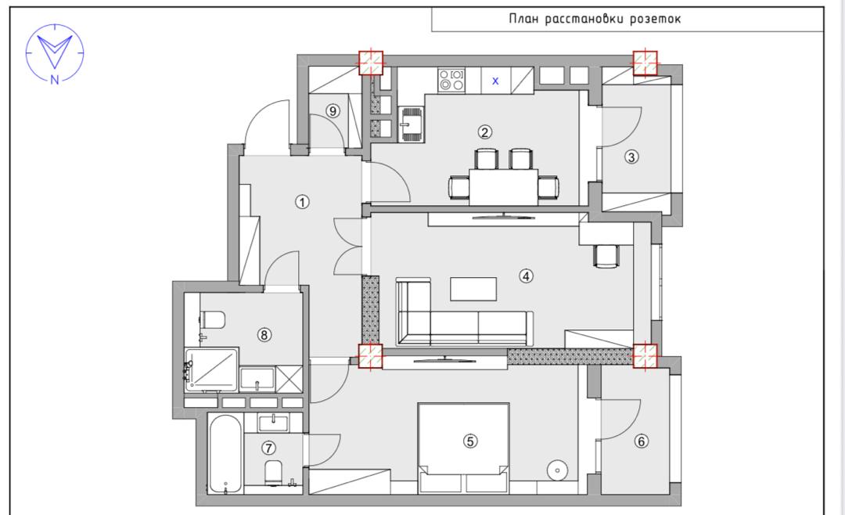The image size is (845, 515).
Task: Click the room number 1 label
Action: pyautogui.click(x=302, y=202)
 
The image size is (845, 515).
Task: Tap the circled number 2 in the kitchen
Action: pyautogui.click(x=484, y=132)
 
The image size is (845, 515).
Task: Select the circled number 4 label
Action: pyautogui.click(x=526, y=276)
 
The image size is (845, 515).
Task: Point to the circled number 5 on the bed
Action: pyautogui.click(x=470, y=441)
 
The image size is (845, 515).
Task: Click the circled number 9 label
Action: pyautogui.click(x=333, y=111)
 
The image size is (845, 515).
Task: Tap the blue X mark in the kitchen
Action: pyautogui.click(x=495, y=81)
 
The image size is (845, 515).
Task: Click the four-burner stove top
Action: pyautogui.click(x=451, y=80)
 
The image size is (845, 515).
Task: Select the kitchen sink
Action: pyautogui.click(x=411, y=124)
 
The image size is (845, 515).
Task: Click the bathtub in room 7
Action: pyautogui.click(x=225, y=454)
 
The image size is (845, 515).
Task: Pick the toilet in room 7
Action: pyautogui.click(x=274, y=473)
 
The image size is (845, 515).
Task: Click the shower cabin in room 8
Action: pyautogui.click(x=212, y=369)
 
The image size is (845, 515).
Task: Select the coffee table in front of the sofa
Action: pyautogui.click(x=473, y=289)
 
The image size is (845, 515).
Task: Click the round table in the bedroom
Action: pyautogui.click(x=557, y=470)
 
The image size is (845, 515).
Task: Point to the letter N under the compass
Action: pyautogui.click(x=55, y=80)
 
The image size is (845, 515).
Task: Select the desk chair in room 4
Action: pyautogui.click(x=606, y=256)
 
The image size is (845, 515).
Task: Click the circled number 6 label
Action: pyautogui.click(x=642, y=441)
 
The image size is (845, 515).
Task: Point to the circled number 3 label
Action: pyautogui.click(x=631, y=157)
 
